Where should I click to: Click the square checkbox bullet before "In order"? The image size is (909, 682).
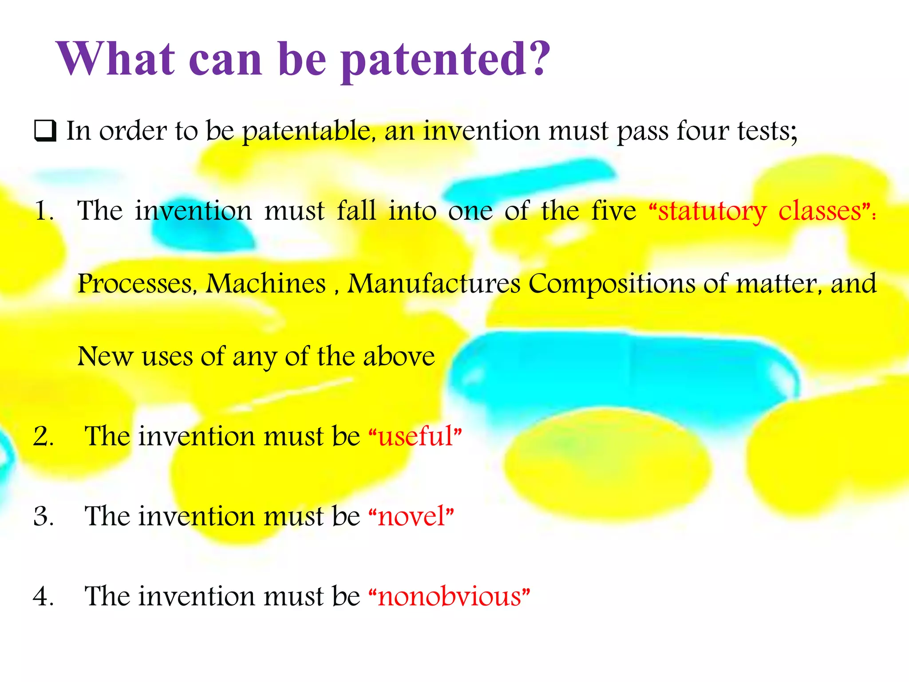pos(45,131)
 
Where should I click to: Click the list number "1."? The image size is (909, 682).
pos(44,210)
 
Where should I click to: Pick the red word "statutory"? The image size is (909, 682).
pos(712,211)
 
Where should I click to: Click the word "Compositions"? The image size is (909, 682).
pos(612,284)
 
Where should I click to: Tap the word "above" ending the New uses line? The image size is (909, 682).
pos(399,356)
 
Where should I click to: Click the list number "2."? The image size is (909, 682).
pos(43,436)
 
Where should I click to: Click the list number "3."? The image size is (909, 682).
pos(43,516)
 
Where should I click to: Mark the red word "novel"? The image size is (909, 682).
pos(411,516)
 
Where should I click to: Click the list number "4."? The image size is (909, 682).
pos(43,596)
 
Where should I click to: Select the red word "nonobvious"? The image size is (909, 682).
pos(449,596)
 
